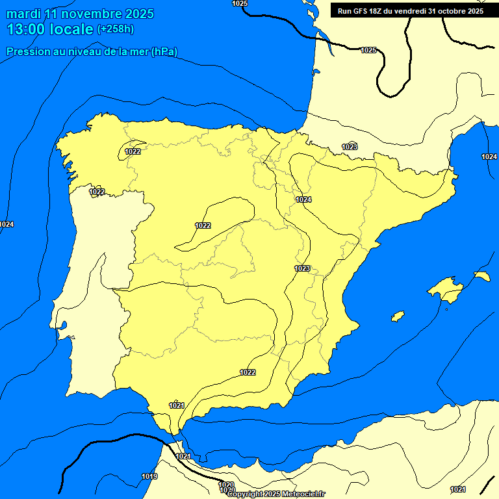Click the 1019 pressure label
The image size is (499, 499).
149,476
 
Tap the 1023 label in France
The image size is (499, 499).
350,147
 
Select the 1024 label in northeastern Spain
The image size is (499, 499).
303,199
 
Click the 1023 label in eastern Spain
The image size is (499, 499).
302,268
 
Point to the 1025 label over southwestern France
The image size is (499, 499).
368,50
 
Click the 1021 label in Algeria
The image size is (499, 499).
457,489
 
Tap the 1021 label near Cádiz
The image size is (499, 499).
176,405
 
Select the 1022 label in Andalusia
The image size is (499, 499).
248,372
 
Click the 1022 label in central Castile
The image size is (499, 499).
203,225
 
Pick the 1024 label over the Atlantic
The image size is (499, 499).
6,224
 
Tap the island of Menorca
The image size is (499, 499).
481,276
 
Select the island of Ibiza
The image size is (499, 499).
398,316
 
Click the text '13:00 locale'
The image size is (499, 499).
50,29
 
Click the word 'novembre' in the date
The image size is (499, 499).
94,13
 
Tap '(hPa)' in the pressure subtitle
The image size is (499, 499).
164,51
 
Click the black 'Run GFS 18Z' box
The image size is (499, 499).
410,11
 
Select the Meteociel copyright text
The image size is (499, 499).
276,494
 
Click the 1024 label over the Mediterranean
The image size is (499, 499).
489,157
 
